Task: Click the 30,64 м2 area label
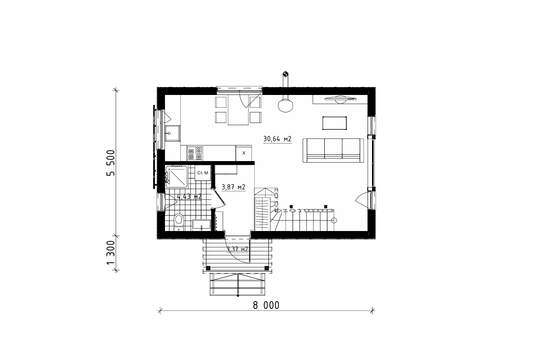277,139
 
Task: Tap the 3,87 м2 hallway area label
233,187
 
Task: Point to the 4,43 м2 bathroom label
189,197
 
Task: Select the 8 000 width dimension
266,305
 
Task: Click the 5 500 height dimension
112,163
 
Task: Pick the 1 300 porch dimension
112,253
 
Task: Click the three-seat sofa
333,150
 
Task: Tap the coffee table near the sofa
335,123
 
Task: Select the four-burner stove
195,154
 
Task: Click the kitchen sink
173,133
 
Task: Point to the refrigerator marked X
244,153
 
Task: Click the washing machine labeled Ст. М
203,173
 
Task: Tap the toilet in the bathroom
178,221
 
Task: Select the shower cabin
176,176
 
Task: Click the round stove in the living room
285,105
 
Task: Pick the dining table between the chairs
238,111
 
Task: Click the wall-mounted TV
340,99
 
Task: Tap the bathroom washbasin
201,224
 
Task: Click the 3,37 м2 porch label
238,249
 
